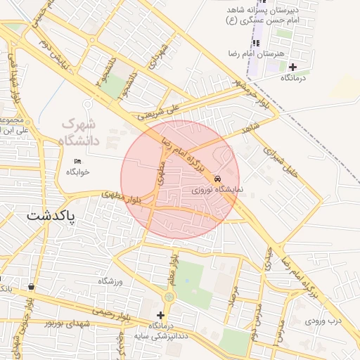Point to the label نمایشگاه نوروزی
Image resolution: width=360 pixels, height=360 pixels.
tap(218, 190)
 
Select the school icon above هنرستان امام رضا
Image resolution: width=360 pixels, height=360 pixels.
tap(257, 43)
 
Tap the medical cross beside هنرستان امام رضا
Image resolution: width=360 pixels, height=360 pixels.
tap(293, 67)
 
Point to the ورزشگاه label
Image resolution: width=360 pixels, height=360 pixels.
tap(110, 281)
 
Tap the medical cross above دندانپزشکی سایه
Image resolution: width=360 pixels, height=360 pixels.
tap(161, 315)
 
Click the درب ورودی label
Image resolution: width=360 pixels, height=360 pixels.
tap(323, 321)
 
